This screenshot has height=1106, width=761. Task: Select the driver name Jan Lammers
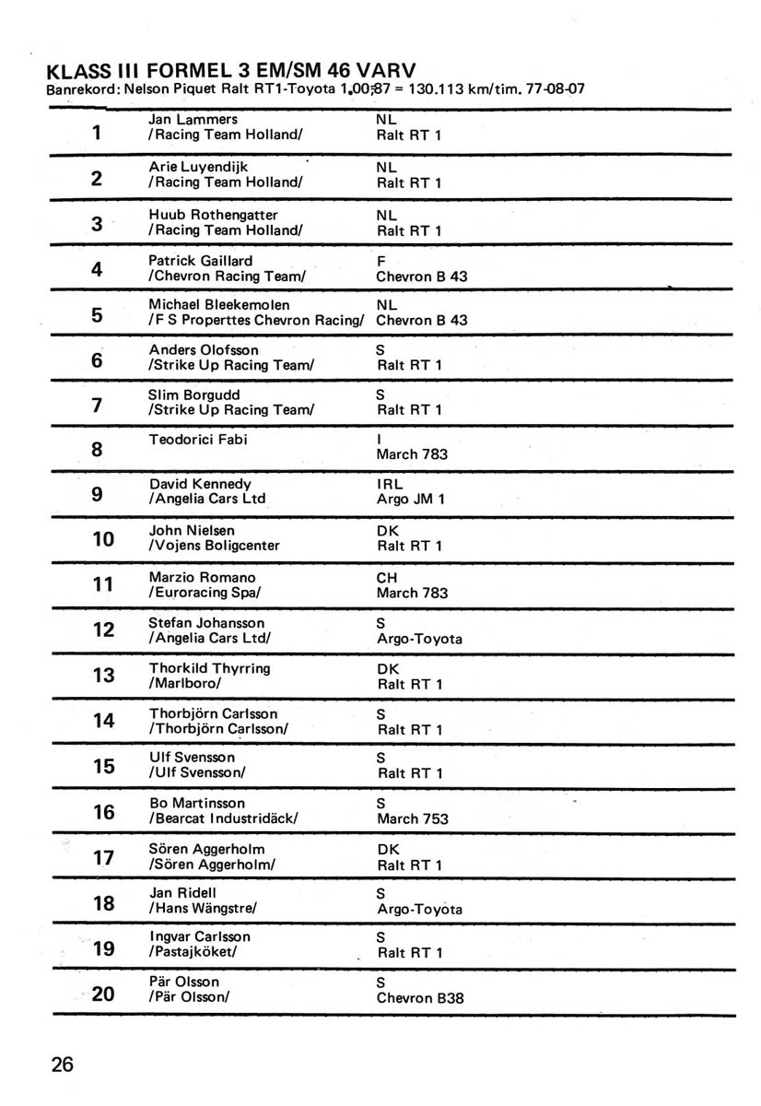pos(193,119)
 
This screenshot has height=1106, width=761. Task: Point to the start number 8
pos(97,451)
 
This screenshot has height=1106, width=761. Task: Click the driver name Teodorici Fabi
pos(198,440)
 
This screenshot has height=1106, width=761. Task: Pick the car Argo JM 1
pos(411,500)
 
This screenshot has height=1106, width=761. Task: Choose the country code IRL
pos(391,484)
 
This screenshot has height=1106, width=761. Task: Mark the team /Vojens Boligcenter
pos(214,546)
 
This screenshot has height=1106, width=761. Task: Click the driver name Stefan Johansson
pos(206,623)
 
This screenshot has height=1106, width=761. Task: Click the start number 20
pos(103,994)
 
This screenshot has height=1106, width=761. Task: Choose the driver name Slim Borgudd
pos(194,394)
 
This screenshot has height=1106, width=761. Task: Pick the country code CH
pos(387,577)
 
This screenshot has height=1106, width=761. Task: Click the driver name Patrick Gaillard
pos(201,261)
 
